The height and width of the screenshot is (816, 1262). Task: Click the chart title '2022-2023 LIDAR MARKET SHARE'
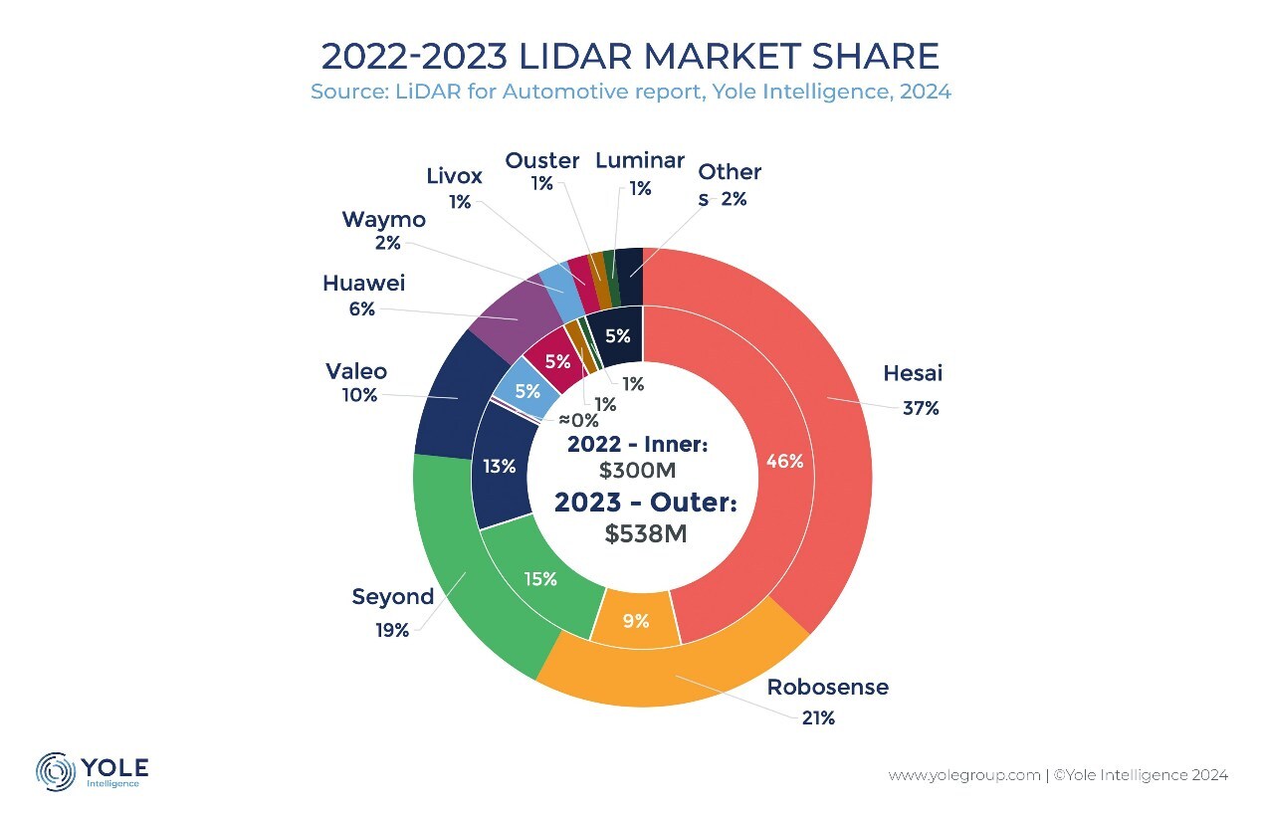[x=630, y=56]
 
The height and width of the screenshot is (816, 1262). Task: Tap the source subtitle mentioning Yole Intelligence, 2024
[x=630, y=93]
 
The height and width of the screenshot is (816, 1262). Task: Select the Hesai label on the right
[x=913, y=374]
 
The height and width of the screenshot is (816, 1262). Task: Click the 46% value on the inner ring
[x=785, y=462]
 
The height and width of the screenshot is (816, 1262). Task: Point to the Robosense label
[x=827, y=688]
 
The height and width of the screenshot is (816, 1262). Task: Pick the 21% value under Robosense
[x=818, y=718]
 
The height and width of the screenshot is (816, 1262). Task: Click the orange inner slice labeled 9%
[x=636, y=621]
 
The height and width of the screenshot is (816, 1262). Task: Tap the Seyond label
[x=393, y=597]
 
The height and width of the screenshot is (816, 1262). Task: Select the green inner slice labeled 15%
[x=540, y=579]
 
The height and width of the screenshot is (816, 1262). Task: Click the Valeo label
[x=356, y=372]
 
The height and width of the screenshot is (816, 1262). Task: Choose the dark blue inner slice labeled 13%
[x=499, y=466]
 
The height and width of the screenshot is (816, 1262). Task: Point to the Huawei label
[x=364, y=284]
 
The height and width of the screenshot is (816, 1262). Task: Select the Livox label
[x=454, y=176]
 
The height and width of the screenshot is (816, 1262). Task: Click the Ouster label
[x=542, y=160]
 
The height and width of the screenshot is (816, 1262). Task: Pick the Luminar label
[x=640, y=160]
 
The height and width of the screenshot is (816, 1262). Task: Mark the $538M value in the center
[x=646, y=533]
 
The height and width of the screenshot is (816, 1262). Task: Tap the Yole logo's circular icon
[x=56, y=771]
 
